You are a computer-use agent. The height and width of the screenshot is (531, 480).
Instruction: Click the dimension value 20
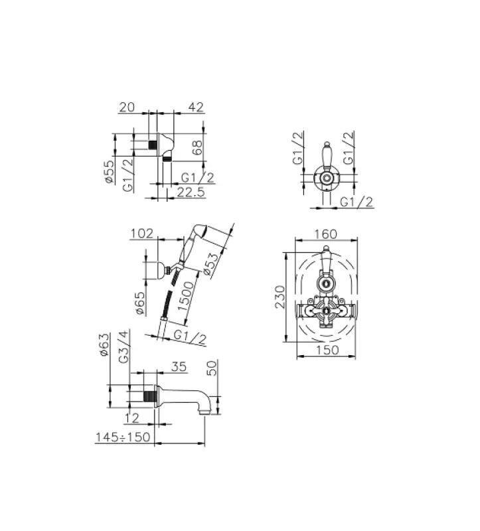[x=127, y=107]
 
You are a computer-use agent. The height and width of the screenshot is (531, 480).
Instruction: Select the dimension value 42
[x=196, y=107]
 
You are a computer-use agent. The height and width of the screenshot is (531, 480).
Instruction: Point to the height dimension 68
[x=197, y=147]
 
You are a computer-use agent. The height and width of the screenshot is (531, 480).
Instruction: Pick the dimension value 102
[x=142, y=233]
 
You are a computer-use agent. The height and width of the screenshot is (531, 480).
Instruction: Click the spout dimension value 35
[x=179, y=365]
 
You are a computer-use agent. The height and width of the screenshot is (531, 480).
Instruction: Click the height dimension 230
[x=280, y=297]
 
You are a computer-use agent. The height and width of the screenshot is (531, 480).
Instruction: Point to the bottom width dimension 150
[x=325, y=350]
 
